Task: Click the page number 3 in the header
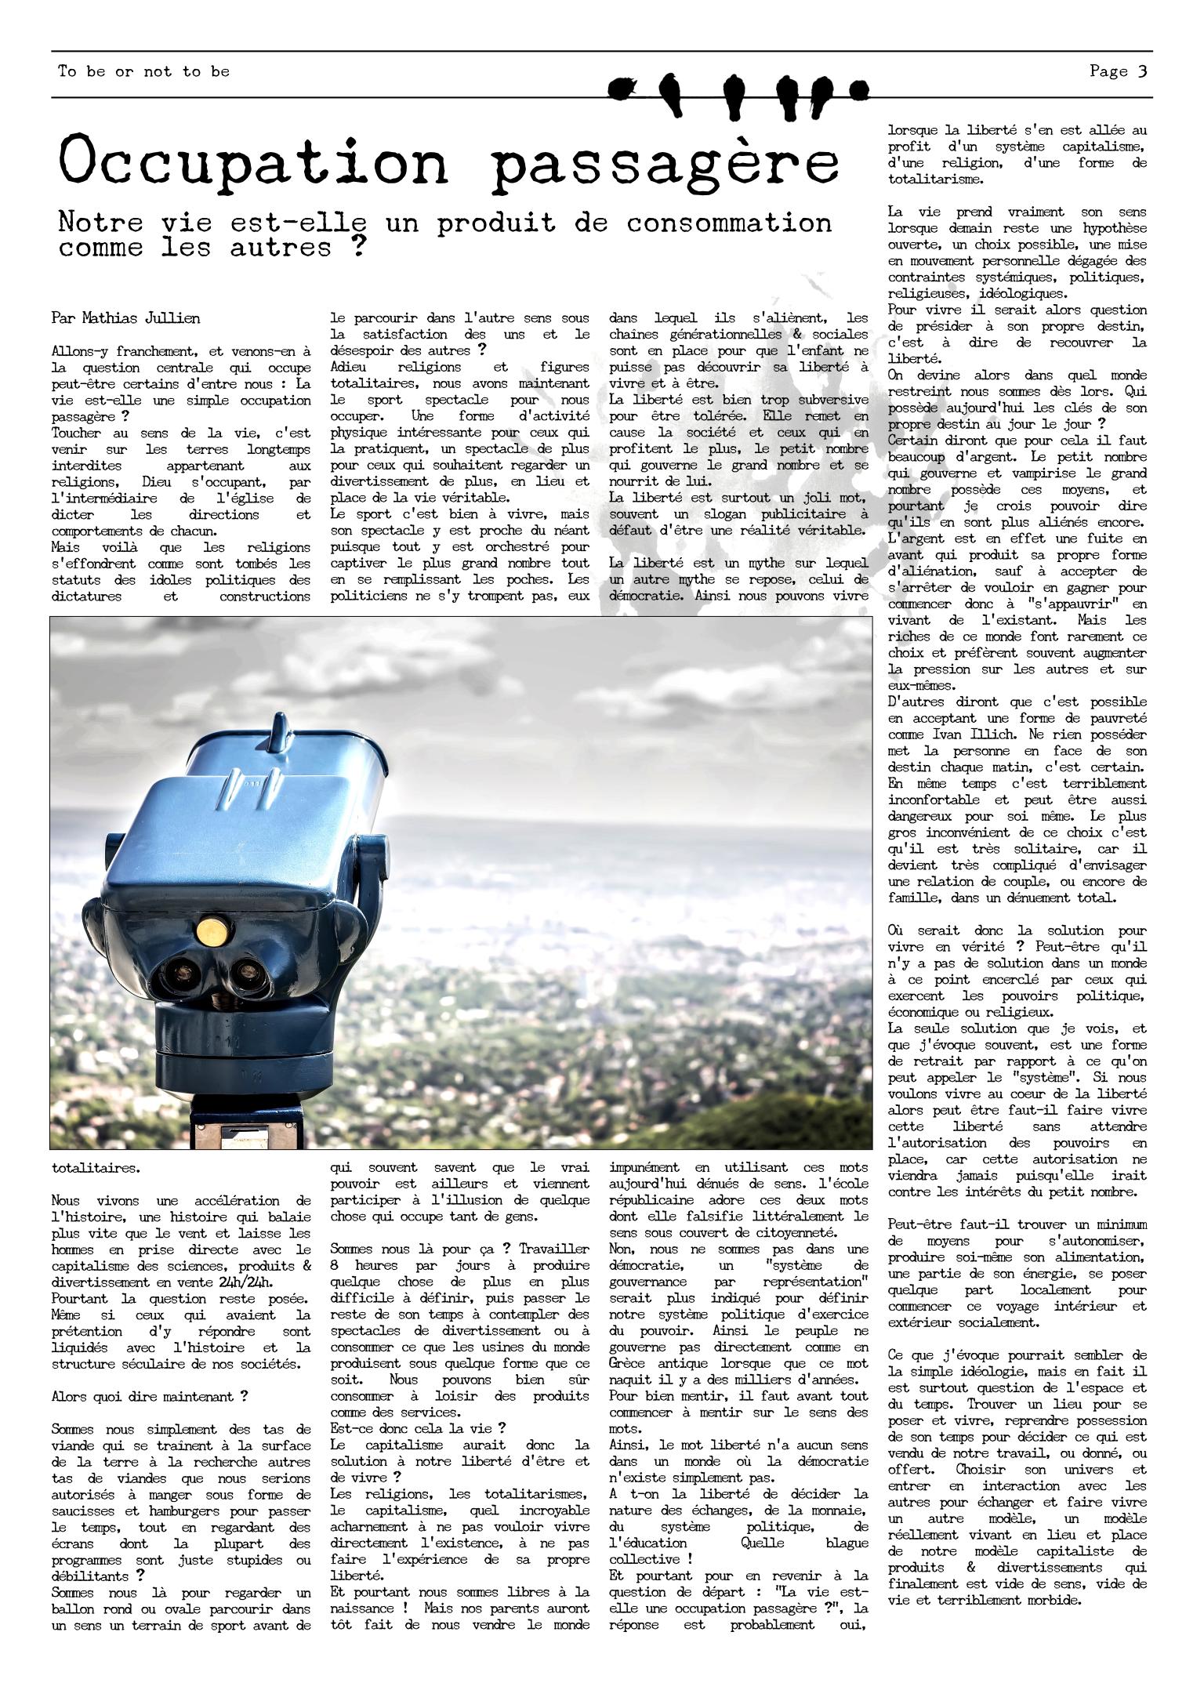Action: (1142, 71)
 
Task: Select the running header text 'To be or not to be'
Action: (144, 71)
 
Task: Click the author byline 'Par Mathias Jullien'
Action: (125, 318)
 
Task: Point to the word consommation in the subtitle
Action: (728, 223)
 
